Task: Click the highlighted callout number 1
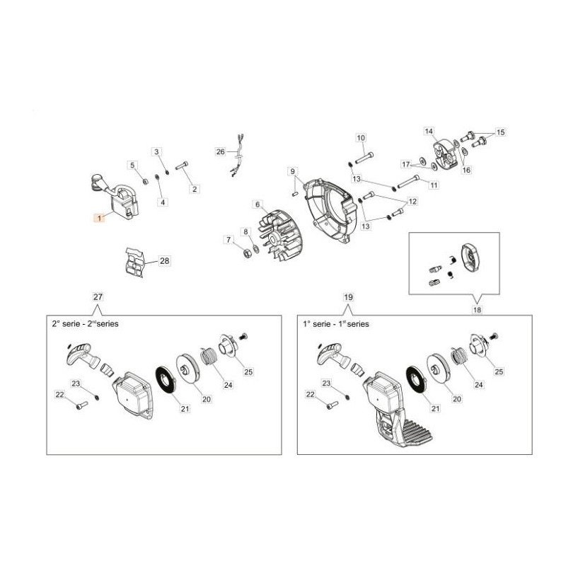tap(99, 218)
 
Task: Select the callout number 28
tap(165, 260)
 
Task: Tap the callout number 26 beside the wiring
tap(221, 151)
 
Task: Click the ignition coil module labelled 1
tap(114, 195)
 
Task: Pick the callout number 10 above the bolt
tap(361, 137)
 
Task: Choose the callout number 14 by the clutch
tap(429, 131)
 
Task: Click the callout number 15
tap(501, 132)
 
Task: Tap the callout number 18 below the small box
tap(477, 310)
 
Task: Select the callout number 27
tap(98, 296)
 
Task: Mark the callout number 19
tap(348, 297)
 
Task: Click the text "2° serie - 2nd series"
tap(85, 324)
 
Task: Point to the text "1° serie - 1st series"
tap(336, 324)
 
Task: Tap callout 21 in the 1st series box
tap(436, 409)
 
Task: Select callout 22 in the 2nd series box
tap(59, 395)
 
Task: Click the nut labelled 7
tap(248, 254)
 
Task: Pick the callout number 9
tap(293, 171)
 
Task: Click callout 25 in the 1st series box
tap(499, 371)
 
